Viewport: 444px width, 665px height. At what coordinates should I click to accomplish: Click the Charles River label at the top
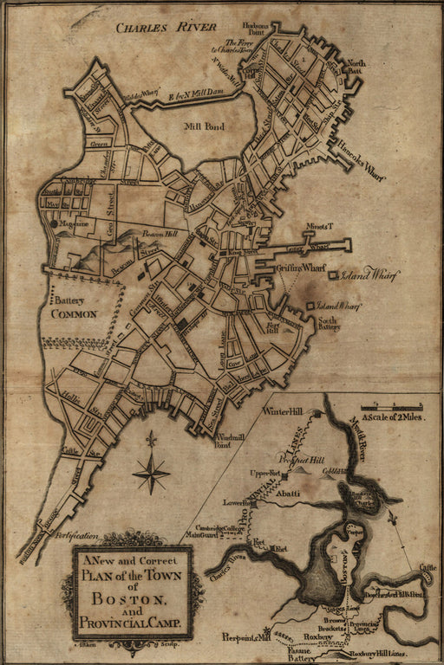click(x=166, y=27)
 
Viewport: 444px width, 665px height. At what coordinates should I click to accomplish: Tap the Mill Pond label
click(x=205, y=126)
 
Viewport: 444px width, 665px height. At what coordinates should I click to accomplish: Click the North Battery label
click(x=356, y=67)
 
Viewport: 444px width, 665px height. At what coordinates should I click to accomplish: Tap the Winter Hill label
click(x=288, y=410)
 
